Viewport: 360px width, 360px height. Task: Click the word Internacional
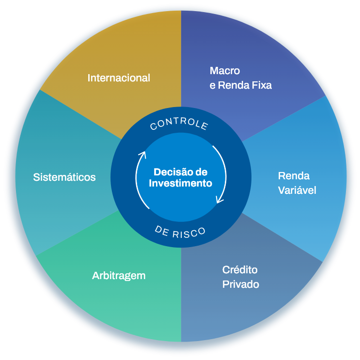coord(119,78)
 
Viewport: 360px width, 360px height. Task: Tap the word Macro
coord(225,71)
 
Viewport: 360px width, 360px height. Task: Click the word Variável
coord(297,190)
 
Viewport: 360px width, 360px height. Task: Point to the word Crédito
coord(240,269)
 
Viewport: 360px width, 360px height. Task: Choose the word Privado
coord(240,284)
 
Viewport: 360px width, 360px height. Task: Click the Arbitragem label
coord(119,276)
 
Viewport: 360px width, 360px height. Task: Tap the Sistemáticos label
coord(64,177)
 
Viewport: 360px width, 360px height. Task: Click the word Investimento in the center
coord(180,183)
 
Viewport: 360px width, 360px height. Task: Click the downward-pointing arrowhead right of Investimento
coord(219,200)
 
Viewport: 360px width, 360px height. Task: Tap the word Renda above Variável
coord(294,176)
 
